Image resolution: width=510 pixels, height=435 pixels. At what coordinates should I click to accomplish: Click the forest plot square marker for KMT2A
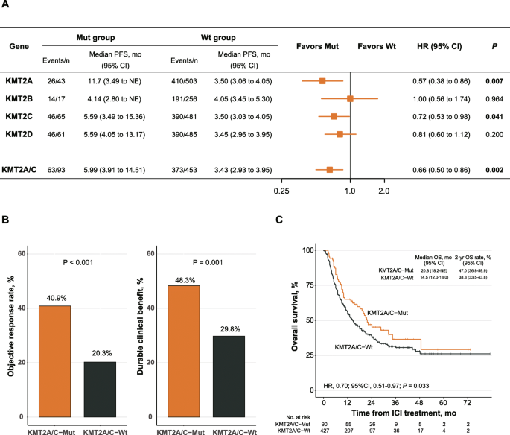tap(322, 80)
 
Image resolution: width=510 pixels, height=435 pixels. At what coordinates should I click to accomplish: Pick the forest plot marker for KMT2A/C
tap(330, 170)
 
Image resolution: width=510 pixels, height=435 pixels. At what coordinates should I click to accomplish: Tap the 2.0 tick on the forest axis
tap(384, 192)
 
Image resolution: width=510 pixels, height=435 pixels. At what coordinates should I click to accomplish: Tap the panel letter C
tap(279, 220)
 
